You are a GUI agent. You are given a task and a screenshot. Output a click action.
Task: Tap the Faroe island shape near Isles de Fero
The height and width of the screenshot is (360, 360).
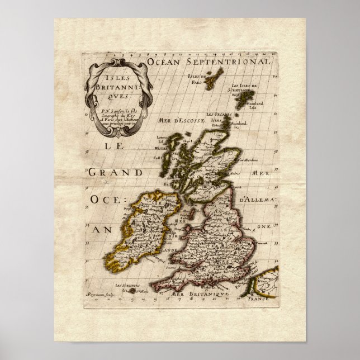(x=211, y=83)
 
